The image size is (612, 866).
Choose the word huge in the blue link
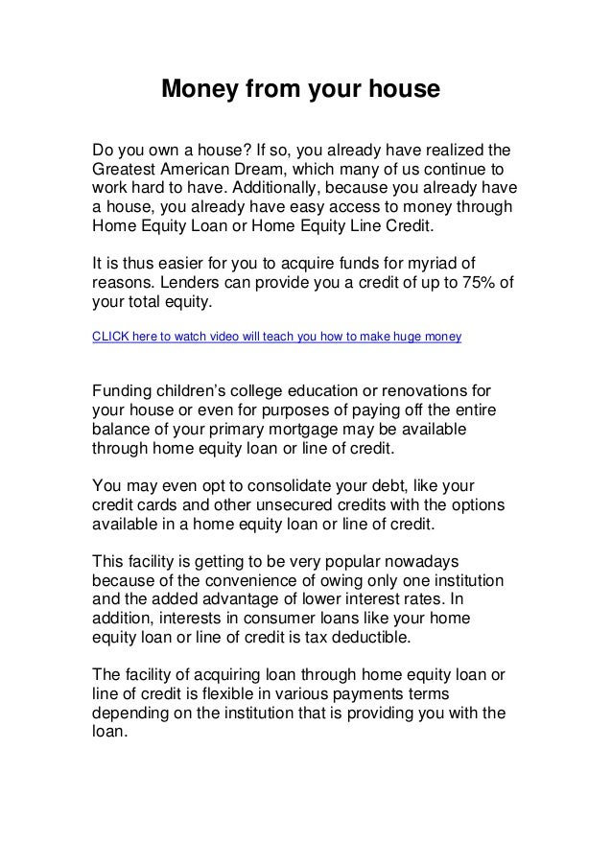point(402,338)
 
